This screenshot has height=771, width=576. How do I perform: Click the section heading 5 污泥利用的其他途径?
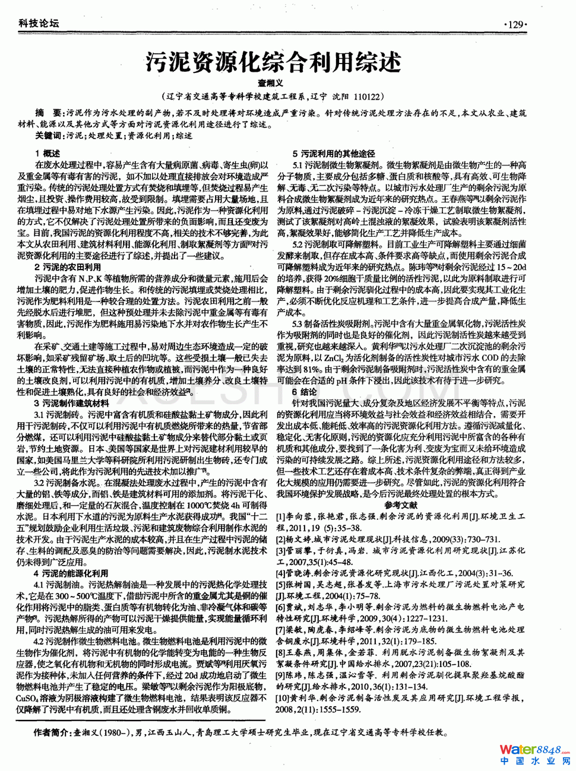pyautogui.click(x=334, y=154)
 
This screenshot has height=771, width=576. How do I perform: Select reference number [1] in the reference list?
pyautogui.click(x=281, y=517)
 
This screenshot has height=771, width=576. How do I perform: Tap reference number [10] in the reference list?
pyautogui.click(x=283, y=698)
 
